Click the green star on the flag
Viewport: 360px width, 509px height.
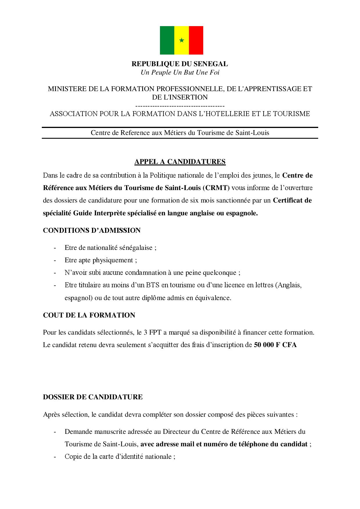tap(181, 40)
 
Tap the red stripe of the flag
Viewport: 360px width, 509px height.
tap(196, 40)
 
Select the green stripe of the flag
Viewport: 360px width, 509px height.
tap(167, 40)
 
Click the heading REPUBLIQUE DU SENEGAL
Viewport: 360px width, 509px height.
tap(180, 64)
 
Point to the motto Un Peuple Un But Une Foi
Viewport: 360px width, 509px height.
tap(180, 72)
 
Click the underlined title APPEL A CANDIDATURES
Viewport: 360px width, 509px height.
tap(180, 162)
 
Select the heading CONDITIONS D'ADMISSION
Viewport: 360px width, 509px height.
tap(92, 230)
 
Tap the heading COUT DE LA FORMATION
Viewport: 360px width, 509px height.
tap(89, 315)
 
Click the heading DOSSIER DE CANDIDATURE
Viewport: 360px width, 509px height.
tap(93, 397)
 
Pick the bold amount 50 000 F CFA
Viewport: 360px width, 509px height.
tap(275, 345)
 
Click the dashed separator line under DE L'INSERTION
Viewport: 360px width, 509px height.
tap(180, 106)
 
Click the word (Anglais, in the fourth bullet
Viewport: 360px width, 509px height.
tap(289, 285)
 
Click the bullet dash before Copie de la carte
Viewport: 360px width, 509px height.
tap(55, 457)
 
